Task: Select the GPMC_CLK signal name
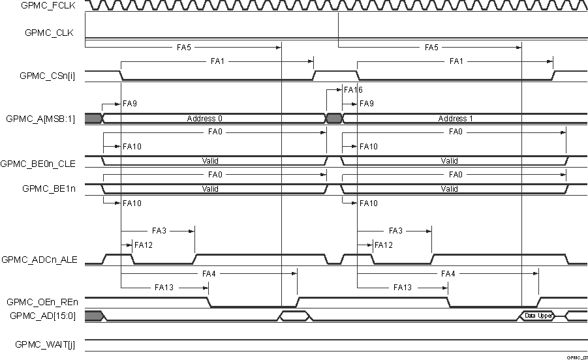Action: pyautogui.click(x=50, y=33)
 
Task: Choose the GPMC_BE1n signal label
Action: pyautogui.click(x=50, y=188)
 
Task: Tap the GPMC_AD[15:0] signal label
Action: pyautogui.click(x=43, y=316)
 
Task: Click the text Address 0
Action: pyautogui.click(x=205, y=119)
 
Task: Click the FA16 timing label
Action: pyautogui.click(x=353, y=90)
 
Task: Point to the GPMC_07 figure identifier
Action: pyautogui.click(x=578, y=357)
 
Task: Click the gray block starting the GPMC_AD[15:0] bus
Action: pyautogui.click(x=93, y=316)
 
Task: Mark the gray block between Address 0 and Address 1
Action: pyautogui.click(x=333, y=118)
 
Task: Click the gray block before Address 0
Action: pyautogui.click(x=93, y=118)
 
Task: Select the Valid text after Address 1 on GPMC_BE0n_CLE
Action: pyautogui.click(x=450, y=160)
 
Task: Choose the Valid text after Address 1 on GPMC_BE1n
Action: pyautogui.click(x=450, y=189)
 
